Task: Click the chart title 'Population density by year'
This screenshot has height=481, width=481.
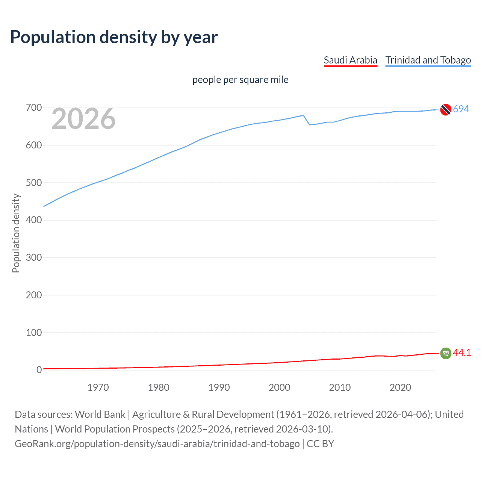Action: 114,37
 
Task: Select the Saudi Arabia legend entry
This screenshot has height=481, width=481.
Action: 350,60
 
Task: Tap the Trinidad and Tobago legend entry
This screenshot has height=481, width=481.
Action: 428,60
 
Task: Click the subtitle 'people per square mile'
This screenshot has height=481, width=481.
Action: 240,80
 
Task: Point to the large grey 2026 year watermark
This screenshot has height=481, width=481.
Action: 83,119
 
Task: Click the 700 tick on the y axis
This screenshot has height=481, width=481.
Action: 34,108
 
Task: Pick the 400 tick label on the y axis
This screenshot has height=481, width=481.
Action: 34,220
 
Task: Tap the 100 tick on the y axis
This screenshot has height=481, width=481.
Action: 34,333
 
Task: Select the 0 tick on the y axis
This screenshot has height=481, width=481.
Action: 39,370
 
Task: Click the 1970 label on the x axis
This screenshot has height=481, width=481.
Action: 98,387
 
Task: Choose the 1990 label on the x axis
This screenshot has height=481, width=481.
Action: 219,387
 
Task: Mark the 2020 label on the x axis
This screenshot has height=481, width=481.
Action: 400,387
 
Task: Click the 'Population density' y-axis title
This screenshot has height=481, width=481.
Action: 16,233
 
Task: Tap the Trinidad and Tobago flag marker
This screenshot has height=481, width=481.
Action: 446,109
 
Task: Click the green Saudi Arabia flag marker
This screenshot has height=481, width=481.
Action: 446,353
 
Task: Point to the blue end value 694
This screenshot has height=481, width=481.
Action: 461,109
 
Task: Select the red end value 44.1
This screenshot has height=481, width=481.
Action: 462,353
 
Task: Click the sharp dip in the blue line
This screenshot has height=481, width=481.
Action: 309,124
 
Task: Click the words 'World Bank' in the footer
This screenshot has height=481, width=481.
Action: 100,414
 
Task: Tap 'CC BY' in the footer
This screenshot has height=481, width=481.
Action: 320,444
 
